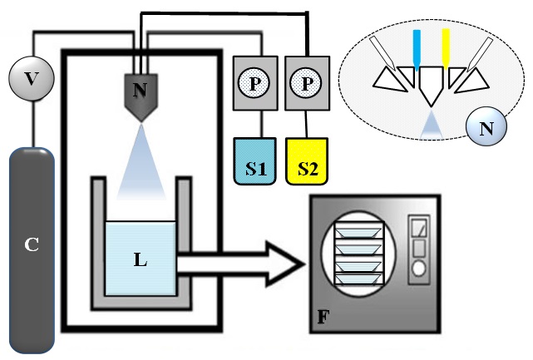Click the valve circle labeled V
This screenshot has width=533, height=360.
point(32,78)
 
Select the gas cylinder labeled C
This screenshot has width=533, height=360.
point(32,250)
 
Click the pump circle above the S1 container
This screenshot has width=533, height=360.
point(254,83)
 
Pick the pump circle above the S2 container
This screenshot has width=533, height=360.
point(306,83)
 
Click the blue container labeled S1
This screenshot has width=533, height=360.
point(254,161)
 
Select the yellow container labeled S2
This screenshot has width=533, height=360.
point(307,161)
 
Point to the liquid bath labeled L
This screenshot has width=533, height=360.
point(141,259)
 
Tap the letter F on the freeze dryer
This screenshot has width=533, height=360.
point(323,317)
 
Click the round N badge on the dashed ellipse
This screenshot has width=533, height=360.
point(486,129)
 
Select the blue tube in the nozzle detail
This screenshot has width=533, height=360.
point(417,50)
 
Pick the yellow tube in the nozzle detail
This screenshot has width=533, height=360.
point(446,48)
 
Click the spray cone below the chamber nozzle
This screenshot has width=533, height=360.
point(141,162)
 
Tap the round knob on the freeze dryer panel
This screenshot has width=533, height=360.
point(419,269)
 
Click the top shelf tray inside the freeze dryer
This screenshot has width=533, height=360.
point(359,232)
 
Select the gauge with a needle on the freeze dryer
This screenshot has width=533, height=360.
point(419,228)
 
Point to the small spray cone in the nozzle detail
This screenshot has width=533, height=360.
point(432,124)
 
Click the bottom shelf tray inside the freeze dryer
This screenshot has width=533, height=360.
point(359,279)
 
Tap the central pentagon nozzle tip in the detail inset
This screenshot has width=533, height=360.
point(431,85)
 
